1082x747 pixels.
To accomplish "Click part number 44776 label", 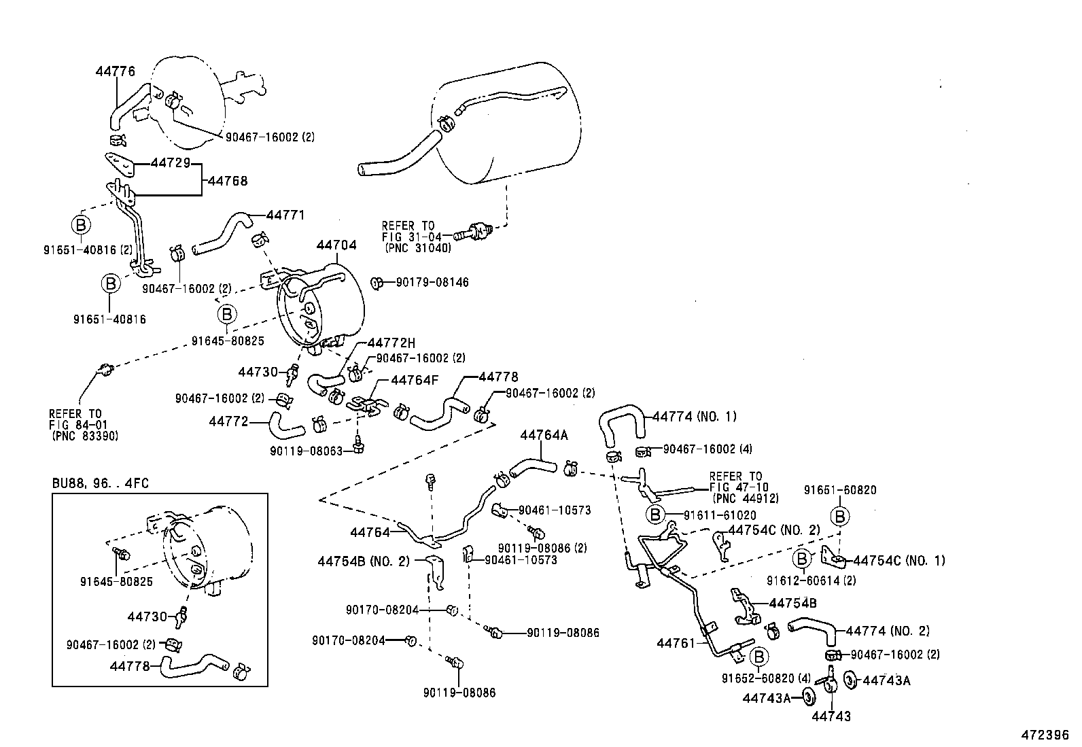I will [115, 71].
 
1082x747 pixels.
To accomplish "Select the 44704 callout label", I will [336, 245].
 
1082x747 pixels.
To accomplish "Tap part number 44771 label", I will [285, 215].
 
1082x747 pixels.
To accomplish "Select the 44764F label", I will [414, 381].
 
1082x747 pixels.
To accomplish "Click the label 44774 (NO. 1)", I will [694, 416].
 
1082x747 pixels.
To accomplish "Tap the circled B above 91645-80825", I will [227, 314].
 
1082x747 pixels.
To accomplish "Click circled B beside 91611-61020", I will [655, 515].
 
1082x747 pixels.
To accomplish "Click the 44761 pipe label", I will [676, 642].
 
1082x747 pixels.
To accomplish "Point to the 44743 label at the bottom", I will [831, 716].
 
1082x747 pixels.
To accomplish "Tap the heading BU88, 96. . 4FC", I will [101, 484].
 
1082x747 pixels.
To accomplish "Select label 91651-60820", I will [840, 490].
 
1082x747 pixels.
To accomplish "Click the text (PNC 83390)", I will [84, 436].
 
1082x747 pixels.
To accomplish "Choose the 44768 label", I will [228, 181].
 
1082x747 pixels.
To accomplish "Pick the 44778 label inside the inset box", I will [129, 666].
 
